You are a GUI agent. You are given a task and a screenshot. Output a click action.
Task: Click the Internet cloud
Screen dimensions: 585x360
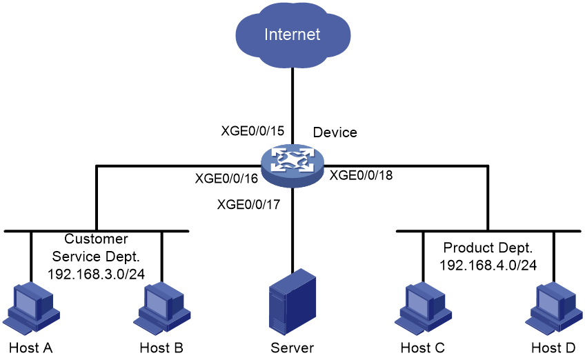pos(293,34)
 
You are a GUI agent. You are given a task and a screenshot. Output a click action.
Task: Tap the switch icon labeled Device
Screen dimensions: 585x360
pos(292,166)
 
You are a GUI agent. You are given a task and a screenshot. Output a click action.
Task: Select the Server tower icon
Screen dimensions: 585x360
pos(292,302)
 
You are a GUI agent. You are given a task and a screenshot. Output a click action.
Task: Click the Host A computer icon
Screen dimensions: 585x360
pos(31,308)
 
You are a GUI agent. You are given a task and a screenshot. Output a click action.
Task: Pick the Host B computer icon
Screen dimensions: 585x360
pos(161,308)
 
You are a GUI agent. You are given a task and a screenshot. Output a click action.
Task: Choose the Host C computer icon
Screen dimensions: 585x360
pos(423,308)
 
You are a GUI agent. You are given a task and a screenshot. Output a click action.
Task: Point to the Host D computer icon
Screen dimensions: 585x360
pos(554,308)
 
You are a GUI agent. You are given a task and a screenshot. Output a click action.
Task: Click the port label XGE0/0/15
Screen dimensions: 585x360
pos(252,131)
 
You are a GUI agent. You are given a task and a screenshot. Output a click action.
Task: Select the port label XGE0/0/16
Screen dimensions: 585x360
pos(226,179)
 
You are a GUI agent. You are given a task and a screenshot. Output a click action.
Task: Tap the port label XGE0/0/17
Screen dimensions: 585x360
pos(248,204)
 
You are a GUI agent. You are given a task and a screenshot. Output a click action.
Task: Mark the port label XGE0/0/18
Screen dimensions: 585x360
pos(361,175)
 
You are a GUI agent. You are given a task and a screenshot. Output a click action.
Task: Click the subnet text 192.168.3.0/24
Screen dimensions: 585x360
pos(97,274)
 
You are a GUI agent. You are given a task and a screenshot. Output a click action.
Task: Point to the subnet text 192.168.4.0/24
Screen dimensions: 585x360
pos(488,266)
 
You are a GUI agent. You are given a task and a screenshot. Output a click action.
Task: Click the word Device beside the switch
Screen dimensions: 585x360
pos(335,132)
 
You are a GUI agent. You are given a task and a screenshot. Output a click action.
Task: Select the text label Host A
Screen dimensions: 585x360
pos(30,348)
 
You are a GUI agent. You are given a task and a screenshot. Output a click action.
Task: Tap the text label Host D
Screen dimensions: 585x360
pos(553,348)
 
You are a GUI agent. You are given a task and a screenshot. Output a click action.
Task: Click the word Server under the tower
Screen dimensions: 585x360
pos(292,348)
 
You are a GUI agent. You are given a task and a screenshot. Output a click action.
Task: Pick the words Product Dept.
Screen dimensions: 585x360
pos(488,248)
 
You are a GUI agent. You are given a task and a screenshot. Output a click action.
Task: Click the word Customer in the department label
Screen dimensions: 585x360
pos(96,239)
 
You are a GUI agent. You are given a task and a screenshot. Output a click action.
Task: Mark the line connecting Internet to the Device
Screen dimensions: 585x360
pos(292,106)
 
